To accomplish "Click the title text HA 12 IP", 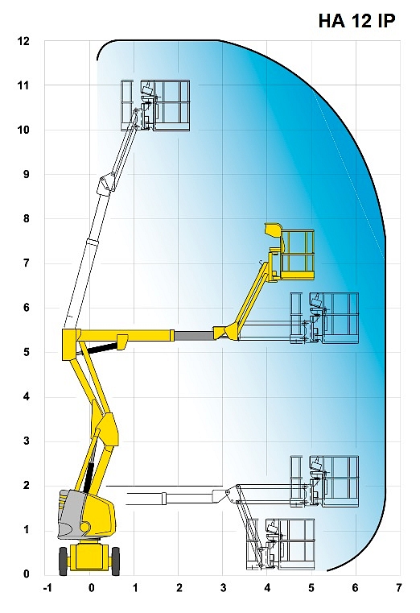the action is click(x=356, y=21).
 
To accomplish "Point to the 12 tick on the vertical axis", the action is click(x=24, y=40).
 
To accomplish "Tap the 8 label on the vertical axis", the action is click(x=27, y=218).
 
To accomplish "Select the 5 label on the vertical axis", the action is click(x=27, y=352).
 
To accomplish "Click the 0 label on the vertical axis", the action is click(x=27, y=574).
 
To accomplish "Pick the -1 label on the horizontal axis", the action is click(x=47, y=588).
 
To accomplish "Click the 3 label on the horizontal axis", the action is click(x=223, y=588).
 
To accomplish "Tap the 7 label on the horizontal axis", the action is click(x=399, y=588).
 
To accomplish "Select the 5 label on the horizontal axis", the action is click(x=311, y=588).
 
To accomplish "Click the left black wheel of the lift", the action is click(x=64, y=561).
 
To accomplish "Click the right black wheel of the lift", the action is click(x=116, y=561).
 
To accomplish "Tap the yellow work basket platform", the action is click(x=297, y=255).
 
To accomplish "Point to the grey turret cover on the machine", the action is click(x=72, y=513).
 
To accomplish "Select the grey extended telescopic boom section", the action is click(x=194, y=335).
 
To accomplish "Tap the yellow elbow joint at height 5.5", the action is click(x=72, y=344).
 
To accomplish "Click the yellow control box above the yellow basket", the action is click(x=274, y=229).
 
